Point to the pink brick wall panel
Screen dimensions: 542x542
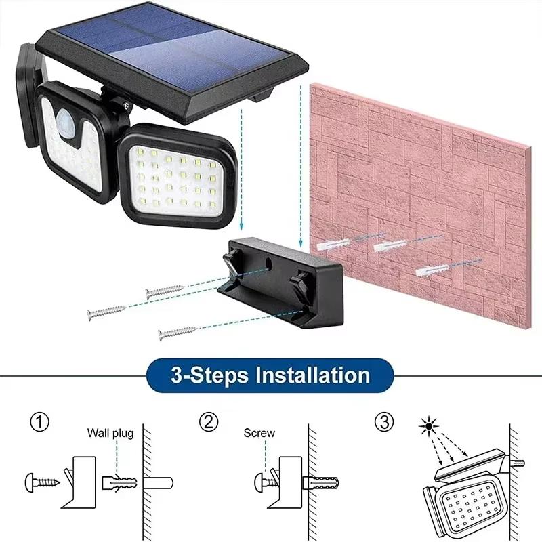420,196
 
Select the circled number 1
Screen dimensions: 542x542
40,423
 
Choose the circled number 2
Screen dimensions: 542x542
209,423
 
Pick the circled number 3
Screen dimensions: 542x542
383,423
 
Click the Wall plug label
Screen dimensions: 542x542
110,433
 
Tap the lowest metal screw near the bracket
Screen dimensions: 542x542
176,332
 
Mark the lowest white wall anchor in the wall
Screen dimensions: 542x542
431,271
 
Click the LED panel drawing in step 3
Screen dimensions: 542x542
467,507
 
